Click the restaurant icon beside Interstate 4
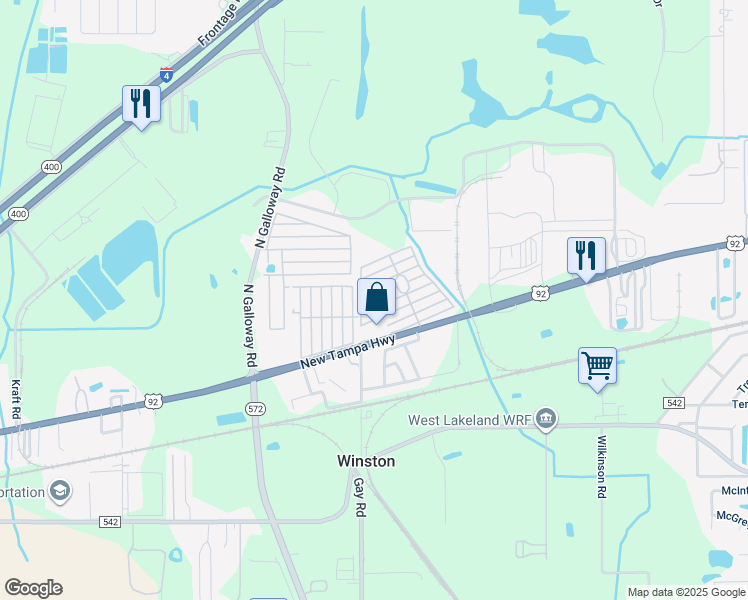(x=141, y=103)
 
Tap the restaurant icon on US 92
(x=586, y=255)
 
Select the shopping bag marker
(x=376, y=297)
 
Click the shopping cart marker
(x=597, y=365)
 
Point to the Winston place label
(x=364, y=461)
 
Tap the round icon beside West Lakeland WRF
(x=546, y=418)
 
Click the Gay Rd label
(x=357, y=497)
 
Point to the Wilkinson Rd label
(x=602, y=467)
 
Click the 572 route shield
(x=256, y=409)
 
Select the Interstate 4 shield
(x=166, y=74)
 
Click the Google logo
(x=33, y=588)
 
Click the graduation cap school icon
(x=60, y=490)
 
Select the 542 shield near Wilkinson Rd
(x=672, y=401)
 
